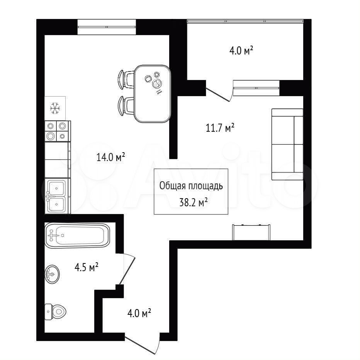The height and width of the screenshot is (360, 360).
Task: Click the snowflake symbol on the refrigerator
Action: pyautogui.click(x=55, y=108)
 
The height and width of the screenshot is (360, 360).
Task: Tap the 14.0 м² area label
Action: pyautogui.click(x=110, y=157)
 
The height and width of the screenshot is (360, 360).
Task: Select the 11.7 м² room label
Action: pyautogui.click(x=220, y=127)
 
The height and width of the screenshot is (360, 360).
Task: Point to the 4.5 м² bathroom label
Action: pyautogui.click(x=87, y=267)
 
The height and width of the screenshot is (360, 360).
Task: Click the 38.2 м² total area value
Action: pyautogui.click(x=193, y=203)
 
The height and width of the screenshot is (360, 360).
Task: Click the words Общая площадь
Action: pyautogui.click(x=191, y=186)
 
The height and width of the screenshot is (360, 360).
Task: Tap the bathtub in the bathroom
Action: pyautogui.click(x=77, y=235)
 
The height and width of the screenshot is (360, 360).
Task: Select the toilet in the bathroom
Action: pyautogui.click(x=55, y=312)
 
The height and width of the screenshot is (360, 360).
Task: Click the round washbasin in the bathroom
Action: pyautogui.click(x=52, y=274)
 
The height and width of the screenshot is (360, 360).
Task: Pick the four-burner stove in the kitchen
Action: pyautogui.click(x=58, y=131)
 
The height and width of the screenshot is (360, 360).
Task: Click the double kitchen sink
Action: pyautogui.click(x=56, y=196)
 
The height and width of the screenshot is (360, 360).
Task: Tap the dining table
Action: pyautogui.click(x=153, y=94)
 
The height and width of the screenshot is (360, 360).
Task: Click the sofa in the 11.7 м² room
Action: pyautogui.click(x=287, y=144)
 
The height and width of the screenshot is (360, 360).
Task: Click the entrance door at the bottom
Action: pyautogui.click(x=143, y=345)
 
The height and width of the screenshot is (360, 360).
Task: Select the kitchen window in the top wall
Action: pyautogui.click(x=107, y=27)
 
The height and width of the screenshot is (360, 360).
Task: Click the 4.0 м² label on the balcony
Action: pyautogui.click(x=241, y=51)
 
